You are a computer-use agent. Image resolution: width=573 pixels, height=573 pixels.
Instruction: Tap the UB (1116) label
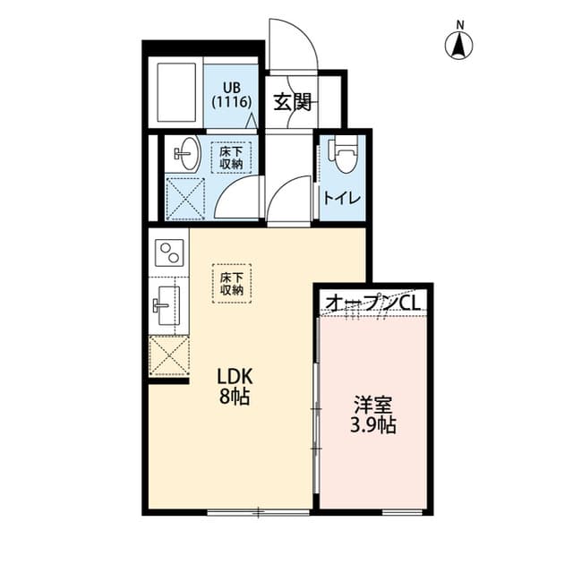[231, 94]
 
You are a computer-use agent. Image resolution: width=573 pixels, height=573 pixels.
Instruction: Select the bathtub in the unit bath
[175, 94]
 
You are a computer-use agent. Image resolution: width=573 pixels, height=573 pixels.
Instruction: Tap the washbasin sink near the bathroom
[185, 154]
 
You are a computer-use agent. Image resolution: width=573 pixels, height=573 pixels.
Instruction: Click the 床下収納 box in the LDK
[232, 283]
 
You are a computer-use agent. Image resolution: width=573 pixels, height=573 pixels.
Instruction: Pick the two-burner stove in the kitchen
[169, 252]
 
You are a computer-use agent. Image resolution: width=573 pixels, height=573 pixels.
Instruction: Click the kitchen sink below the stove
[168, 304]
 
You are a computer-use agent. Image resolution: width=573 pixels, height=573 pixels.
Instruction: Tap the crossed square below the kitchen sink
[168, 355]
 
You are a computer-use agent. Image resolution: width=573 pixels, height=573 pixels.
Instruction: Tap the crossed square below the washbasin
[185, 199]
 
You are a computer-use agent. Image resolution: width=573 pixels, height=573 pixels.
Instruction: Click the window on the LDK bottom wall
[258, 512]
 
